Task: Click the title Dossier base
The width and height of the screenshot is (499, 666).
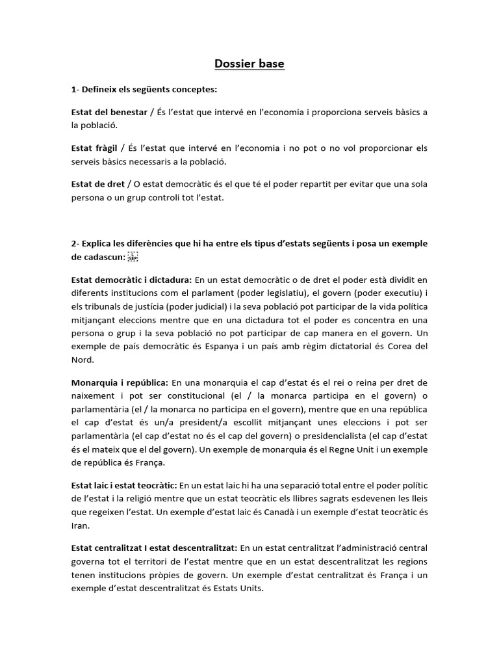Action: coord(249,64)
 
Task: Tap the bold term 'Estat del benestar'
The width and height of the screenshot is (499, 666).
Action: coord(109,113)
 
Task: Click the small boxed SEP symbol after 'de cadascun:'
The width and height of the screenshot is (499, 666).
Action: coord(133,256)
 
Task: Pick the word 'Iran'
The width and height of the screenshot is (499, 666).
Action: coord(81,525)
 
